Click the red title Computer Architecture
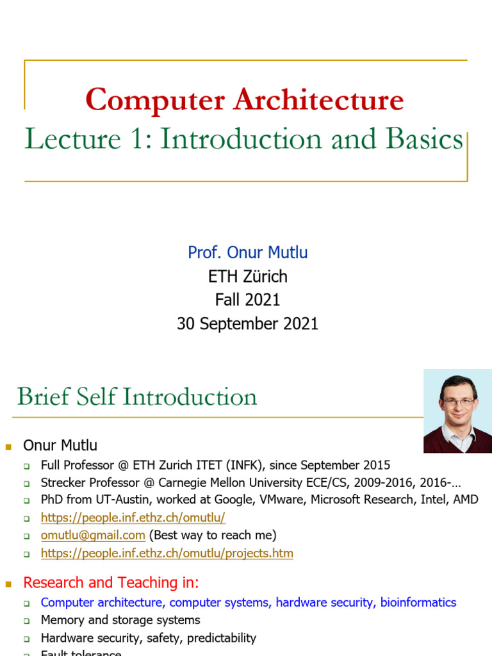pyautogui.click(x=244, y=100)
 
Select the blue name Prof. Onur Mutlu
pyautogui.click(x=247, y=252)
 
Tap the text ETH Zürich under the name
pyautogui.click(x=247, y=277)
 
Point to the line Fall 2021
pyautogui.click(x=247, y=300)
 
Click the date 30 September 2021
pyautogui.click(x=247, y=324)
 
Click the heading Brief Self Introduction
pyautogui.click(x=137, y=397)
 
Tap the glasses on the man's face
pyautogui.click(x=458, y=402)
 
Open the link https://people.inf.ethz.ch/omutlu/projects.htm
pyautogui.click(x=167, y=553)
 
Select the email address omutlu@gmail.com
pyautogui.click(x=93, y=535)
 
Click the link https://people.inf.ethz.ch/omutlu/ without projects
pyautogui.click(x=133, y=518)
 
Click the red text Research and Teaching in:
pyautogui.click(x=111, y=583)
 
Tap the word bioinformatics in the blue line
pyautogui.click(x=418, y=602)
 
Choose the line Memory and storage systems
pyautogui.click(x=120, y=620)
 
